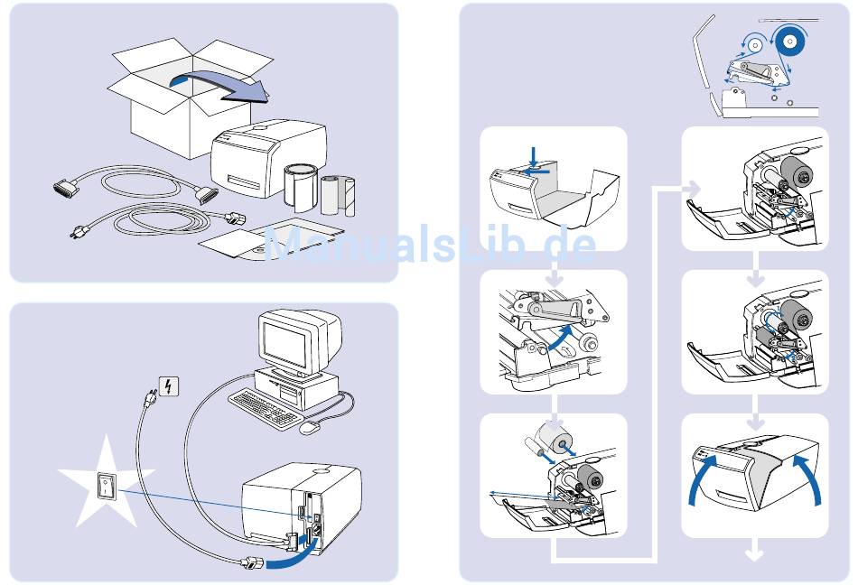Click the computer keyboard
[264, 407]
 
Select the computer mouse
[310, 427]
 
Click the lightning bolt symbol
[168, 386]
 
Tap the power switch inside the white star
[107, 488]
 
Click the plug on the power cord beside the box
[240, 218]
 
